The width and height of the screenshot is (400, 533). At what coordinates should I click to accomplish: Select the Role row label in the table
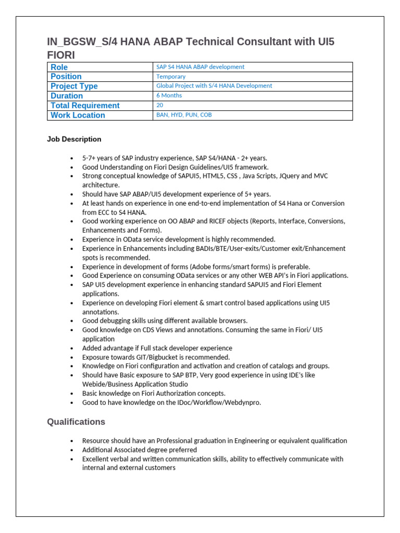(59, 67)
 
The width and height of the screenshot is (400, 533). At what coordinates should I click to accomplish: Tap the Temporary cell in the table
(171, 77)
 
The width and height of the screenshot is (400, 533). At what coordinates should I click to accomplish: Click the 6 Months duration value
(169, 95)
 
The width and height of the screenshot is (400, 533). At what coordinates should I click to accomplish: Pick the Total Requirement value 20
(160, 105)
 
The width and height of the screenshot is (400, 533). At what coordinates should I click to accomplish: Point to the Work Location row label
(78, 115)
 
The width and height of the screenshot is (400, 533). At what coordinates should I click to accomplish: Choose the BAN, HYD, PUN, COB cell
(184, 115)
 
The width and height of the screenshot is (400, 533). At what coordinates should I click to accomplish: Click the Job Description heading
(74, 139)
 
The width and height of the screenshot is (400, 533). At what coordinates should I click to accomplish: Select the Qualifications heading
(76, 422)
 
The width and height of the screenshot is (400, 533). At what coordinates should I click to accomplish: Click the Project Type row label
(74, 86)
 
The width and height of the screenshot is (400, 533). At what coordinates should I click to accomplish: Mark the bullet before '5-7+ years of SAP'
(71, 158)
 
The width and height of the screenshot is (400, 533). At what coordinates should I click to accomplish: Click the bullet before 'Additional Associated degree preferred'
(71, 450)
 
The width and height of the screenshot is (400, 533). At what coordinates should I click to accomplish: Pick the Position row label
(66, 77)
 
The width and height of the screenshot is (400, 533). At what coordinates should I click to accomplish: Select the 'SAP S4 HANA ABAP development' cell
(200, 67)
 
